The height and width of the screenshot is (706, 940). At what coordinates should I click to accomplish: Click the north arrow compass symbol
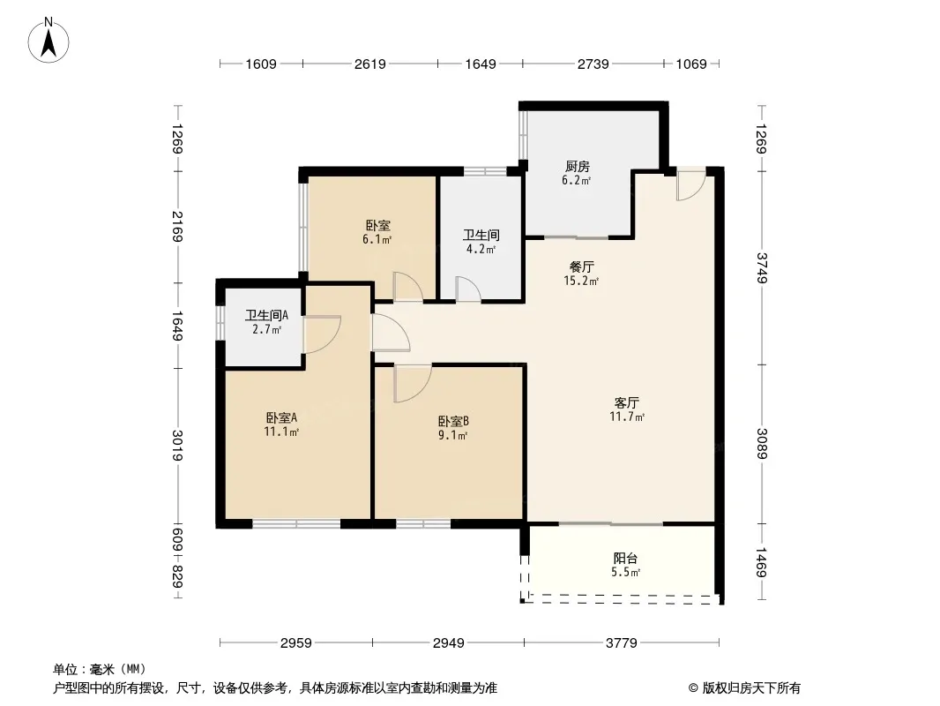[48, 41]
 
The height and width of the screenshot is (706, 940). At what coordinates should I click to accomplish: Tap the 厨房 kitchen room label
[577, 166]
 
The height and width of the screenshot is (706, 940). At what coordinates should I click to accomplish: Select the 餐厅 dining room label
[581, 267]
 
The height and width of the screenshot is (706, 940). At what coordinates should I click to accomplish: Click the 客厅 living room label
[626, 402]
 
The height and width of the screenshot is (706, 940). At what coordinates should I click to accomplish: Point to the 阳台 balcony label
[625, 559]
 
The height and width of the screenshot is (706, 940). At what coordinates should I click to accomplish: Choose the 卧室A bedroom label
[282, 417]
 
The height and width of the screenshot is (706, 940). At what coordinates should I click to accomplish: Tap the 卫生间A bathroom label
[267, 315]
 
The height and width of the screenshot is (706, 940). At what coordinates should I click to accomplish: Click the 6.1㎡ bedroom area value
[377, 239]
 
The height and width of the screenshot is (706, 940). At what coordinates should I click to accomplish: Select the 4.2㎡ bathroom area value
[481, 249]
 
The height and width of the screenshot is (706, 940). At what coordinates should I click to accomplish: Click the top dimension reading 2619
[369, 64]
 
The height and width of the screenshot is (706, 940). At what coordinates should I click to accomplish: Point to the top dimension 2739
[593, 64]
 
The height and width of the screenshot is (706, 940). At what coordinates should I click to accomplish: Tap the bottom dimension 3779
[621, 643]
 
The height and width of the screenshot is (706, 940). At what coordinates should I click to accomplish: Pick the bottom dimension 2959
[296, 643]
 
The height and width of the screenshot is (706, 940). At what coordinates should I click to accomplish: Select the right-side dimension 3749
[761, 268]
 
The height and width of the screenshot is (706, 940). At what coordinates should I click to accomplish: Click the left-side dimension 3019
[177, 445]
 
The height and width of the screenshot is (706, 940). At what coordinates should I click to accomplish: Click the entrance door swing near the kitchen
[690, 184]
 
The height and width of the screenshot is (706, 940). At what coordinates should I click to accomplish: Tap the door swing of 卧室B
[413, 383]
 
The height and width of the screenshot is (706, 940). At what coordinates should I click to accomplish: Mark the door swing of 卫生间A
[322, 334]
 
